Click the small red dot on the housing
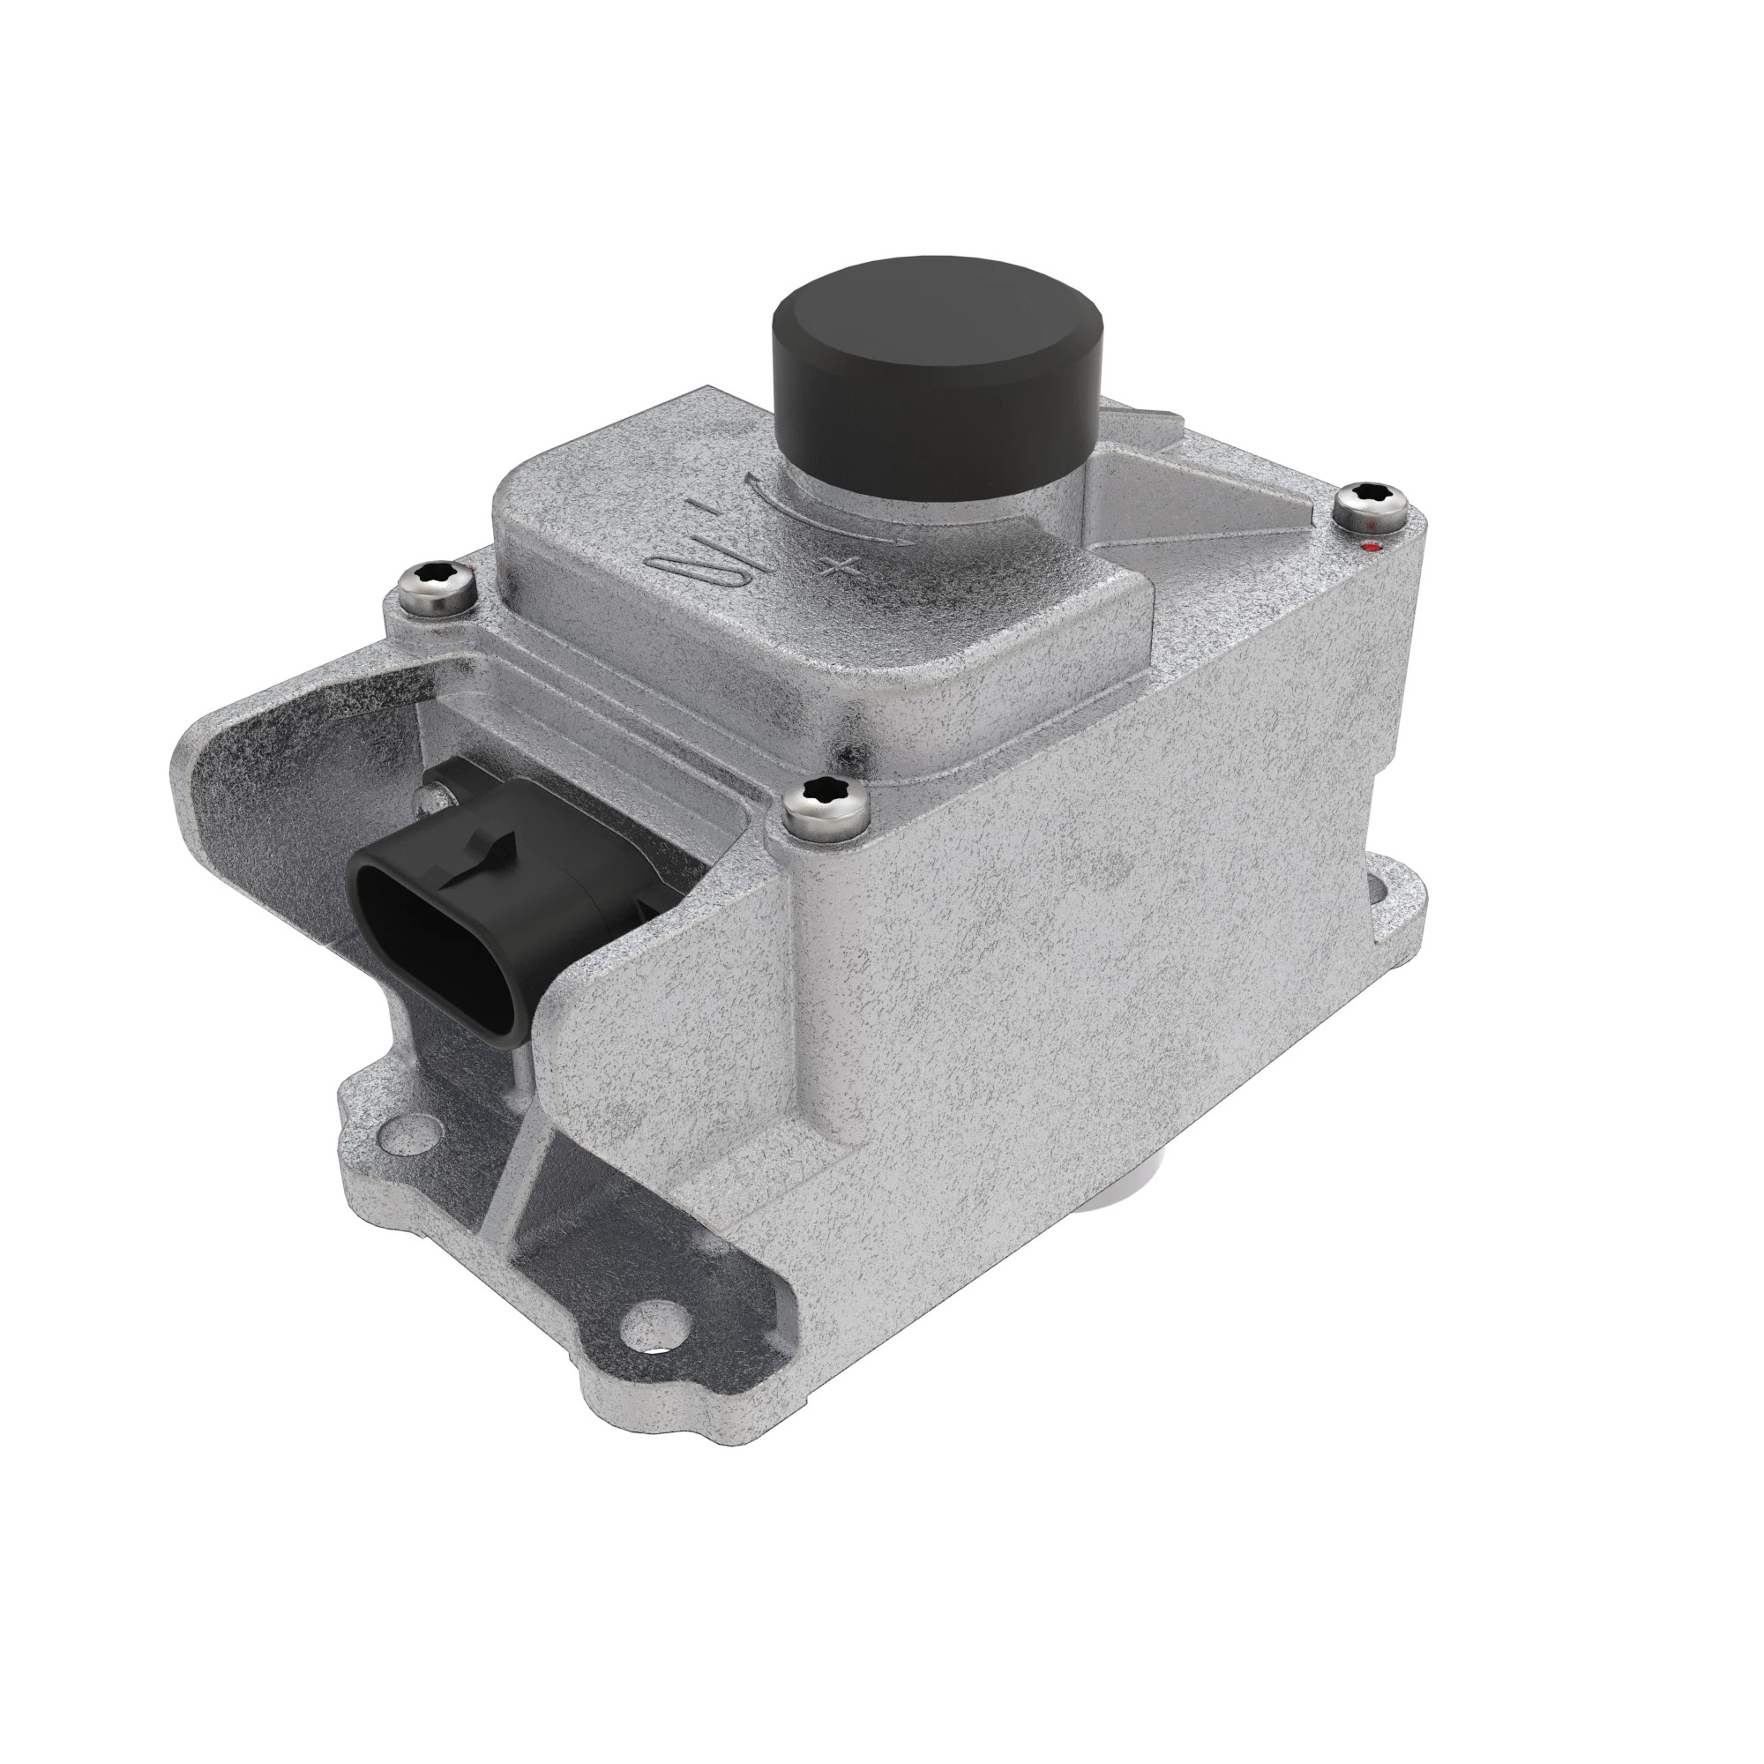click(1369, 548)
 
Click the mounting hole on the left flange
click(394, 1136)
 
